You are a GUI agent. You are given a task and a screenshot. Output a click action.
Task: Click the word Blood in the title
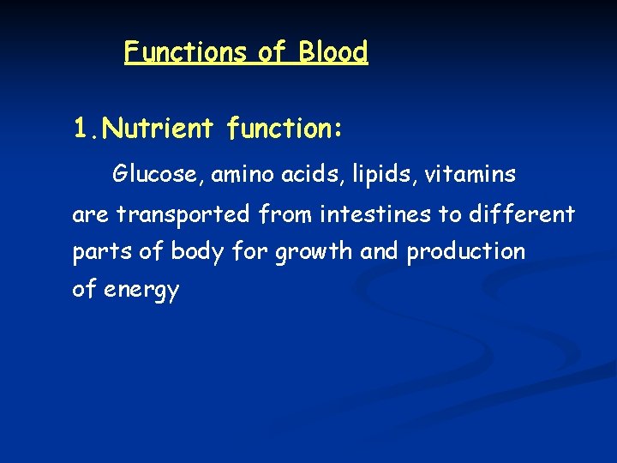(332, 52)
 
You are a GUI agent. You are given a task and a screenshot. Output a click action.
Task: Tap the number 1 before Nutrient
(81, 129)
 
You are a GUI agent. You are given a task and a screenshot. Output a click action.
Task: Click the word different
(522, 213)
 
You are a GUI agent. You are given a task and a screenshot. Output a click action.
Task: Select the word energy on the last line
(141, 291)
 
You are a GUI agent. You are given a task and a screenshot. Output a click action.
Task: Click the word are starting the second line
(91, 214)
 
